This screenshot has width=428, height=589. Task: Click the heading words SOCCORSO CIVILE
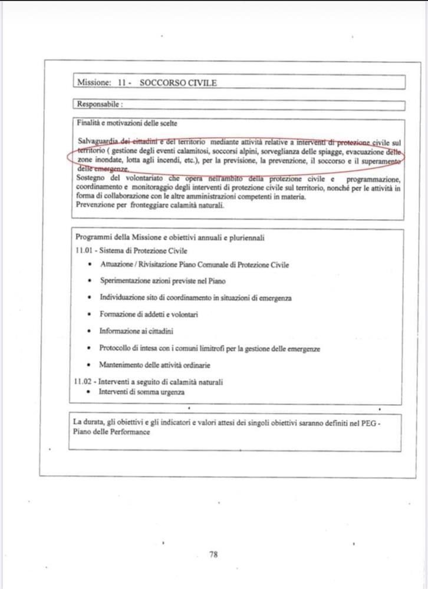click(x=178, y=83)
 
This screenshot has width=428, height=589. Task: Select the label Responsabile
click(x=98, y=105)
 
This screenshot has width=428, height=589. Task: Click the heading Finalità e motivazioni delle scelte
click(x=127, y=123)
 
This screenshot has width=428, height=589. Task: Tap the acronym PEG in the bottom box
click(x=370, y=422)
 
